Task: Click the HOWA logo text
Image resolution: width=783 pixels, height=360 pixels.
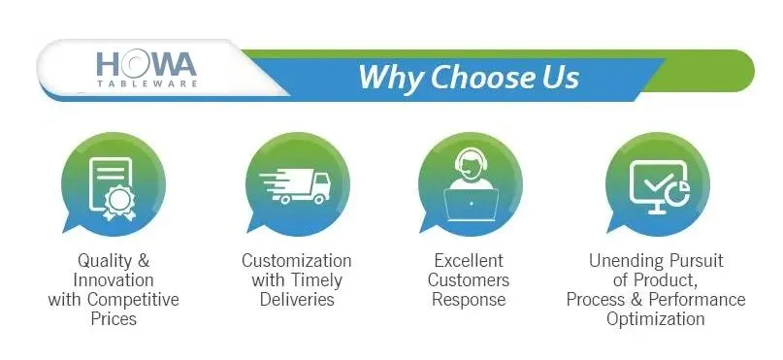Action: pyautogui.click(x=146, y=64)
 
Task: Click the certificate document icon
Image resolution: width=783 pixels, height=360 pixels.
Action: pyautogui.click(x=111, y=183)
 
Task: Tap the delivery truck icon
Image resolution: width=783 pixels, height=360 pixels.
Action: pyautogui.click(x=296, y=185)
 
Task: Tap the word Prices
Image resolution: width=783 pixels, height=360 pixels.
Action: pyautogui.click(x=114, y=318)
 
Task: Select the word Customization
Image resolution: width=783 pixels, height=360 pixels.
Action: pyautogui.click(x=296, y=261)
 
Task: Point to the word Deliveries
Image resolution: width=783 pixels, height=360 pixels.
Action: pyautogui.click(x=297, y=299)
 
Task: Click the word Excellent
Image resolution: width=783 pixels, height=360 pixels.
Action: pyautogui.click(x=469, y=261)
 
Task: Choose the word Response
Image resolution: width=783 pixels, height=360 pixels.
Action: pyautogui.click(x=469, y=299)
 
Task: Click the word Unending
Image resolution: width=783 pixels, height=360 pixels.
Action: pyautogui.click(x=626, y=261)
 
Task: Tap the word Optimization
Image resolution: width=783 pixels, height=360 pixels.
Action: pyautogui.click(x=656, y=318)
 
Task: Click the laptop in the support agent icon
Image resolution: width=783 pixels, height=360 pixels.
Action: pyautogui.click(x=471, y=204)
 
